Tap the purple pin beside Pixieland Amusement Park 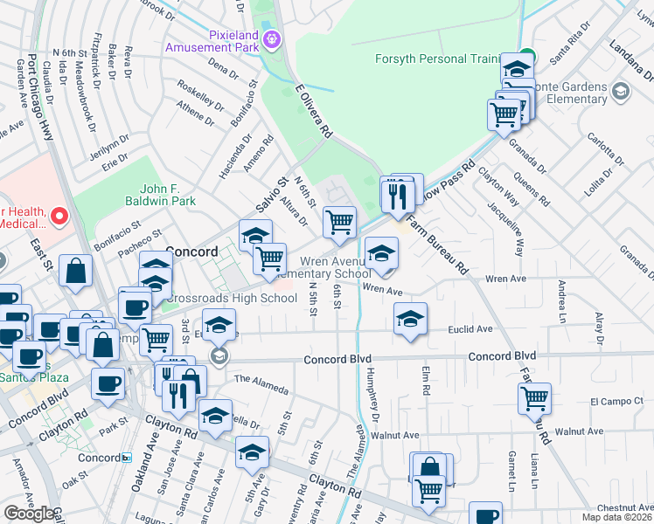point(272,38)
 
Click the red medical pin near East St point(59,214)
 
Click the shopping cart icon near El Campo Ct point(533,398)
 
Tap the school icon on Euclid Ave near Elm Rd point(409,319)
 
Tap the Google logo point(29,514)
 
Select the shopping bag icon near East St point(76,272)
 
